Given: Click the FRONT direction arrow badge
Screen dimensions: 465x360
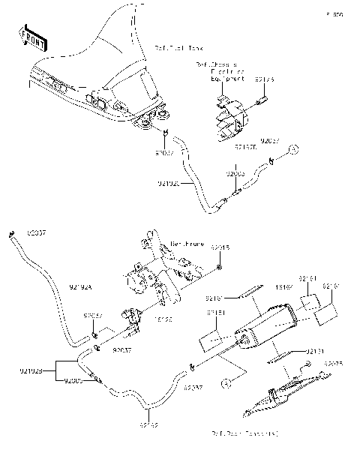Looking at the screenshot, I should pos(33,37).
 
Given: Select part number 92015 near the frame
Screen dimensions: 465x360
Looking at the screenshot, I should pos(220,247).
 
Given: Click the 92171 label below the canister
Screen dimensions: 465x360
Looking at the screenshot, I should pos(316,350).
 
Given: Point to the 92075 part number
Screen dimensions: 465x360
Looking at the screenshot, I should pos(334,364).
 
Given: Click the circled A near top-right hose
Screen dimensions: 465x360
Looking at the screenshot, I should pos(295,149).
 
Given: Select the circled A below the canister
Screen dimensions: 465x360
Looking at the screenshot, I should pos(223,382).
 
